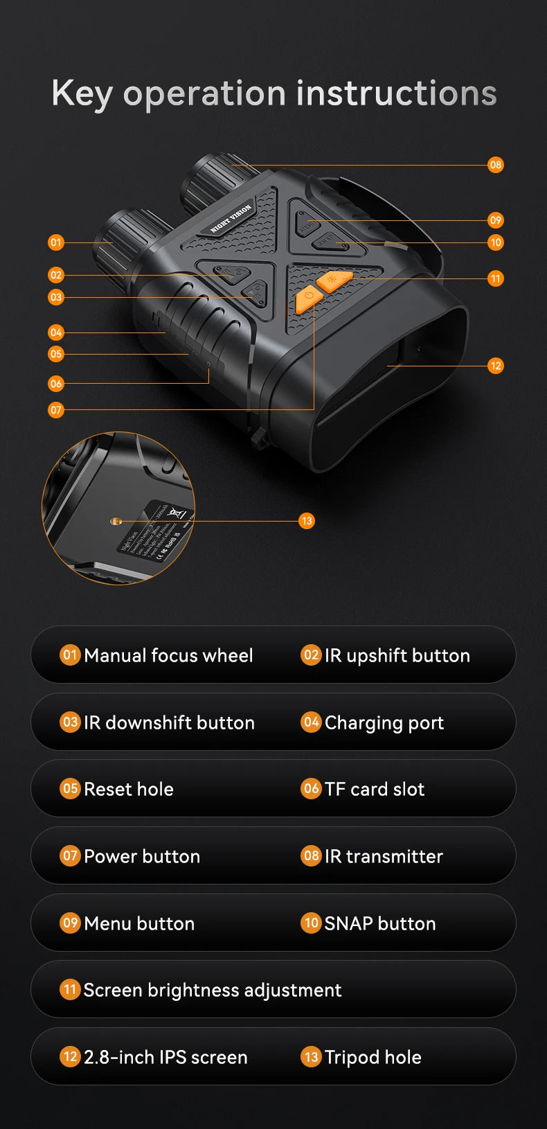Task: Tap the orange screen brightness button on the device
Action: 335,280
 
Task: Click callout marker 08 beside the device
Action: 495,165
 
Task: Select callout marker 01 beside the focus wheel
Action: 56,242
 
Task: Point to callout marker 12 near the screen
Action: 495,366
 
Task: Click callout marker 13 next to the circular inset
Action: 307,521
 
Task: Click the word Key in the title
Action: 81,94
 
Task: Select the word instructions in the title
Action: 396,94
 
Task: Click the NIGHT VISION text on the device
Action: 231,218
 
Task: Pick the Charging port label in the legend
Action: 384,722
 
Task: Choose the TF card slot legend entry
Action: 375,789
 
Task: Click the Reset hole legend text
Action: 129,789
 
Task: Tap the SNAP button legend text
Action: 380,923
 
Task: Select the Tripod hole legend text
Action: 373,1057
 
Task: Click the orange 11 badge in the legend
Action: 70,989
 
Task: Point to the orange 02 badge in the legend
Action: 311,655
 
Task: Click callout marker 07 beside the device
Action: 56,410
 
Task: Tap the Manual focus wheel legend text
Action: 168,655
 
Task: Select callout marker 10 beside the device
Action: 495,242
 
